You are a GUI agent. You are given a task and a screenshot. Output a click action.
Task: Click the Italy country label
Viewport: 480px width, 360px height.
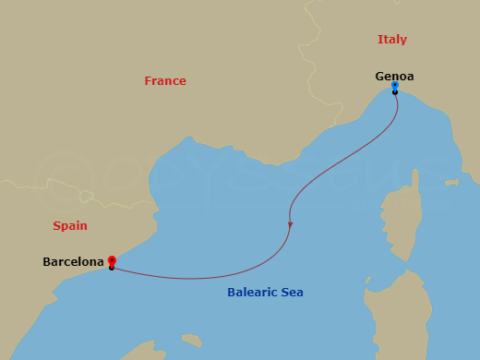(x=391, y=40)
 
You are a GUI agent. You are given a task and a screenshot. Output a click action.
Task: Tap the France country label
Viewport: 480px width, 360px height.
(x=165, y=81)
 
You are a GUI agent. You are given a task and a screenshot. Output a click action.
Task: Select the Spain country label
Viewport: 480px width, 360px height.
(x=69, y=225)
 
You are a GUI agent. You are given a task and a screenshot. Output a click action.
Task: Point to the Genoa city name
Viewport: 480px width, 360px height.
(x=394, y=77)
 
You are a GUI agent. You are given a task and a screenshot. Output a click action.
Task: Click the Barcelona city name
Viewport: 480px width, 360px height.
(x=73, y=262)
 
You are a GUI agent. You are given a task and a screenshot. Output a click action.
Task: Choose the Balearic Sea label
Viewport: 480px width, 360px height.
(x=265, y=293)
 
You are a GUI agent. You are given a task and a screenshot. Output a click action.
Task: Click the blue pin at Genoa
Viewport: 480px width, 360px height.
(x=394, y=86)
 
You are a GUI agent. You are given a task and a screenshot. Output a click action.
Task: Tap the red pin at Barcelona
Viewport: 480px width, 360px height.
(x=111, y=260)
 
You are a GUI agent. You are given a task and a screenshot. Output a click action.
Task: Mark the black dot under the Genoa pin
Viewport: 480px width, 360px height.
(x=394, y=92)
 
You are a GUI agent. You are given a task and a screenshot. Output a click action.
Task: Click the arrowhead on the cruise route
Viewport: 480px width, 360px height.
(x=291, y=224)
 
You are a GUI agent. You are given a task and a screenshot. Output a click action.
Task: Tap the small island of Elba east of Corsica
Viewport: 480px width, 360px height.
(x=451, y=183)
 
